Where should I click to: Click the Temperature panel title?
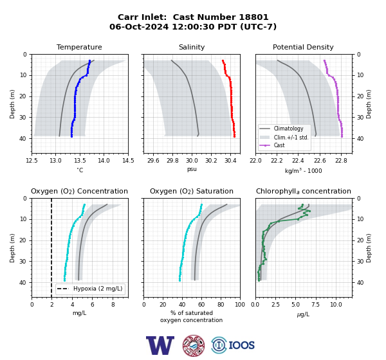click(x=79, y=47)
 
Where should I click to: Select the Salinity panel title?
click(x=192, y=47)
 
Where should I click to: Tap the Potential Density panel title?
click(x=303, y=47)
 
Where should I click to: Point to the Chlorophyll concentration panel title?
click(x=304, y=191)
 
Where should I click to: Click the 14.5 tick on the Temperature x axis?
click(x=128, y=161)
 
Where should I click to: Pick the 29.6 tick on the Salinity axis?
click(x=153, y=161)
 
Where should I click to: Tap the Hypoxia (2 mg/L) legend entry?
click(x=90, y=289)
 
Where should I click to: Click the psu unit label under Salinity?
click(x=192, y=169)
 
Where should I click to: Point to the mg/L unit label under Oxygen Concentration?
click(x=79, y=313)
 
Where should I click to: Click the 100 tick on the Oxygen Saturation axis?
click(x=240, y=305)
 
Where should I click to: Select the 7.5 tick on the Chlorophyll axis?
click(x=315, y=305)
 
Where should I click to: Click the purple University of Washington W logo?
click(x=160, y=345)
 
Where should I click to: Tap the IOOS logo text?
click(x=241, y=345)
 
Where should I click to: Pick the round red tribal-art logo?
click(x=194, y=346)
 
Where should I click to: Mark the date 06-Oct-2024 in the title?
click(x=139, y=26)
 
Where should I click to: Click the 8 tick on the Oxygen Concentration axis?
click(x=113, y=305)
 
